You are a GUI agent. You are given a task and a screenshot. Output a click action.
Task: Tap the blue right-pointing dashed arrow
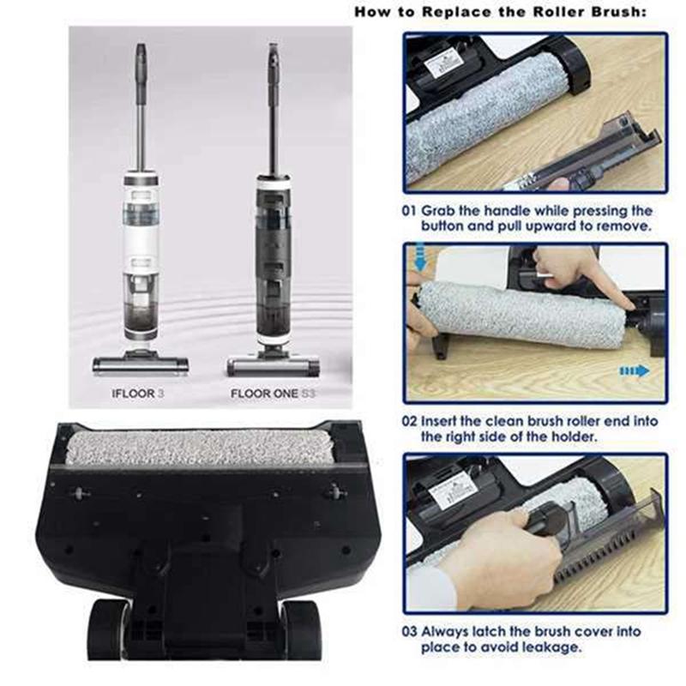635,370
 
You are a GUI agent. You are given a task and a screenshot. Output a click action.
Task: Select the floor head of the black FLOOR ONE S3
273,366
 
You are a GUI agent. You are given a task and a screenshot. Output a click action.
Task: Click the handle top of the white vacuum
140,53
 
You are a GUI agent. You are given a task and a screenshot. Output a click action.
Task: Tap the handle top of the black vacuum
274,53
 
